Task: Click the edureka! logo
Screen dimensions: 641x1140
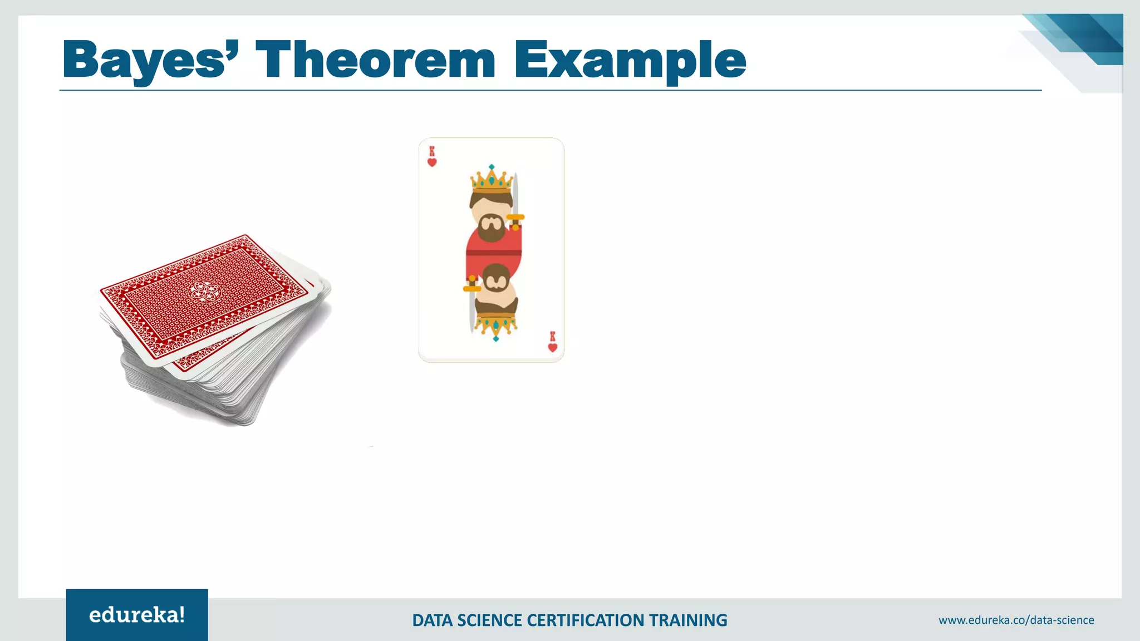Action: point(137,615)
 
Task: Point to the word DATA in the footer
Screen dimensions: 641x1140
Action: point(432,620)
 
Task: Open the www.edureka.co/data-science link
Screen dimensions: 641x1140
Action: point(1016,620)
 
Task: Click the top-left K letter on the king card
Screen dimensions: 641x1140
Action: point(432,151)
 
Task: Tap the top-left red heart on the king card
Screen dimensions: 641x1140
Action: point(432,162)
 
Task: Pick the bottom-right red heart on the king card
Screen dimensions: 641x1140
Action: point(552,348)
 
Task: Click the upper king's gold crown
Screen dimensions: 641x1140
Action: point(491,181)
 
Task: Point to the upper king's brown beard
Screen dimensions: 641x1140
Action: point(491,229)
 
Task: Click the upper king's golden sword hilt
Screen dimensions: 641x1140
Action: point(515,218)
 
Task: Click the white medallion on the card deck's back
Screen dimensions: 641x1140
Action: point(203,290)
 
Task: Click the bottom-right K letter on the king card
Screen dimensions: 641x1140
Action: point(552,337)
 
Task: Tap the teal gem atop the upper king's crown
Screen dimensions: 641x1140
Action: point(492,167)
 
